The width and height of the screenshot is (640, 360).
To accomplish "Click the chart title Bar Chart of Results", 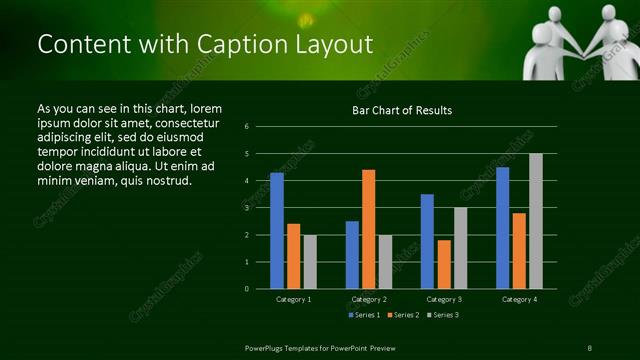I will tap(402, 110).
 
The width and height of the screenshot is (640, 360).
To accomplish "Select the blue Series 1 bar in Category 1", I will tap(276, 230).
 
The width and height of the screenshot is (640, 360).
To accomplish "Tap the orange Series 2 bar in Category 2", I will tap(369, 229).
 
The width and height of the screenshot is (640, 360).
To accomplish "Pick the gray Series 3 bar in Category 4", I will tap(536, 220).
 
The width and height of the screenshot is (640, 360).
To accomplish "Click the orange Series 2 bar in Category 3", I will tap(444, 264).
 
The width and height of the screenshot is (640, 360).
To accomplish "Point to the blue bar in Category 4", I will tap(502, 227).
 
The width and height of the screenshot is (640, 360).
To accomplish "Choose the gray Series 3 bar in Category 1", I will tap(310, 261).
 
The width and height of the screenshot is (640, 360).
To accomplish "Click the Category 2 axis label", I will tap(369, 299).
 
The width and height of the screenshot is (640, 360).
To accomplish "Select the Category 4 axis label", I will tap(519, 299).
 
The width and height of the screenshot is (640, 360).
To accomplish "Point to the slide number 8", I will tap(589, 347).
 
